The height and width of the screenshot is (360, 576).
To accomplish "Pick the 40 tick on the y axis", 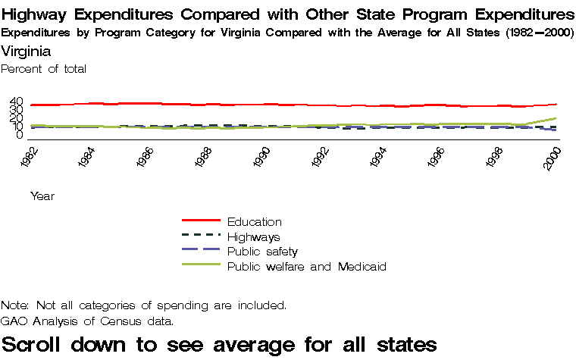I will pyautogui.click(x=17, y=102).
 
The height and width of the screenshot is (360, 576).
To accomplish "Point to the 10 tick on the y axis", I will pyautogui.click(x=17, y=127).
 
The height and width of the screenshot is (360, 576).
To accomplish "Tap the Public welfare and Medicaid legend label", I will pyautogui.click(x=307, y=267).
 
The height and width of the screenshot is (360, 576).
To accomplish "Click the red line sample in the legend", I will pyautogui.click(x=201, y=221).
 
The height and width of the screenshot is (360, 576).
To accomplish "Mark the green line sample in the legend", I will pyautogui.click(x=201, y=265).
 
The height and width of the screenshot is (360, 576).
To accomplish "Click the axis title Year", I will pyautogui.click(x=42, y=196).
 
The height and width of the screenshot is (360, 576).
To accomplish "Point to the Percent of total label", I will pyautogui.click(x=44, y=69).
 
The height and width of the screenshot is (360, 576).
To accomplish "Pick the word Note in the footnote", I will pyautogui.click(x=14, y=305).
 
